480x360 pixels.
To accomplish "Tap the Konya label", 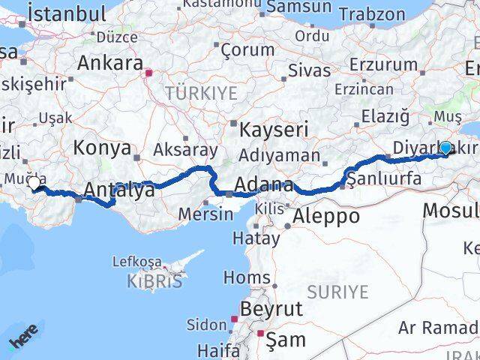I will pyautogui.click(x=102, y=148).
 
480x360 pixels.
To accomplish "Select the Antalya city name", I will pyautogui.click(x=120, y=190).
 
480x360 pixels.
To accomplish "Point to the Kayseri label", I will pyautogui.click(x=274, y=130).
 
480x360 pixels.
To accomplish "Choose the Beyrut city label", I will pyautogui.click(x=271, y=309).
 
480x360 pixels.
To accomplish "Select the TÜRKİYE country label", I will pyautogui.click(x=201, y=94).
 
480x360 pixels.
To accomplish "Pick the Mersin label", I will pyautogui.click(x=205, y=214).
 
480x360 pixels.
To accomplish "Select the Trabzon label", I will pyautogui.click(x=371, y=13).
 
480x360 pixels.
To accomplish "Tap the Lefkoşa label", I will pyautogui.click(x=136, y=262).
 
